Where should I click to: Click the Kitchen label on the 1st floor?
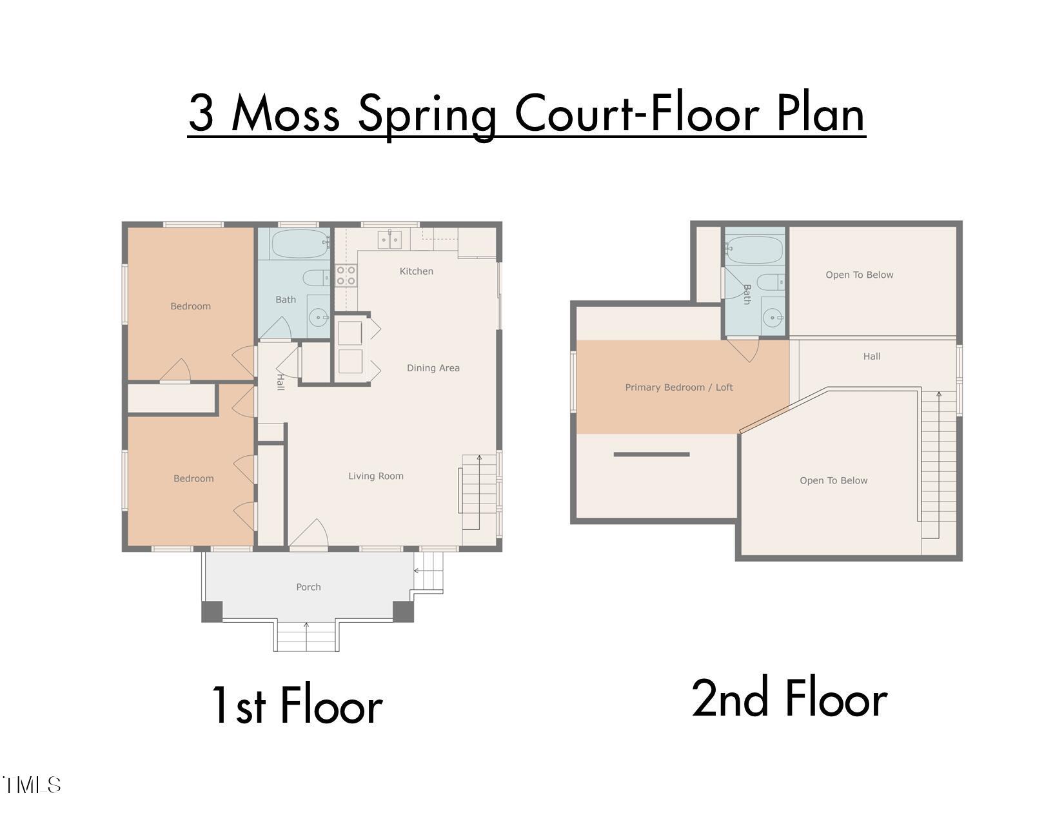click(416, 271)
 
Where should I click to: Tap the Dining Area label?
click(433, 368)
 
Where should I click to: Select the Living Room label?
click(376, 476)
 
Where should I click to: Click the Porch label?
click(308, 587)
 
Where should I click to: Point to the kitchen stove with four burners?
click(346, 276)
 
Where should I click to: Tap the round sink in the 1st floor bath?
click(318, 317)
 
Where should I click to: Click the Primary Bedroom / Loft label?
click(679, 387)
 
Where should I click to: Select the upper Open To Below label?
click(859, 275)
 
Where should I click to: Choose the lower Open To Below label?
click(833, 481)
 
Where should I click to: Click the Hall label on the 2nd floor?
click(871, 357)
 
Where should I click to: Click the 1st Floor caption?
click(297, 706)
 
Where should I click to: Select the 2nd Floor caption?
click(789, 700)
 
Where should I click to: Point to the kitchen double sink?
click(390, 240)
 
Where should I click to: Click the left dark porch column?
click(212, 611)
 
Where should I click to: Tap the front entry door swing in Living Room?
click(311, 534)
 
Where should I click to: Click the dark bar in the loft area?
click(651, 455)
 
